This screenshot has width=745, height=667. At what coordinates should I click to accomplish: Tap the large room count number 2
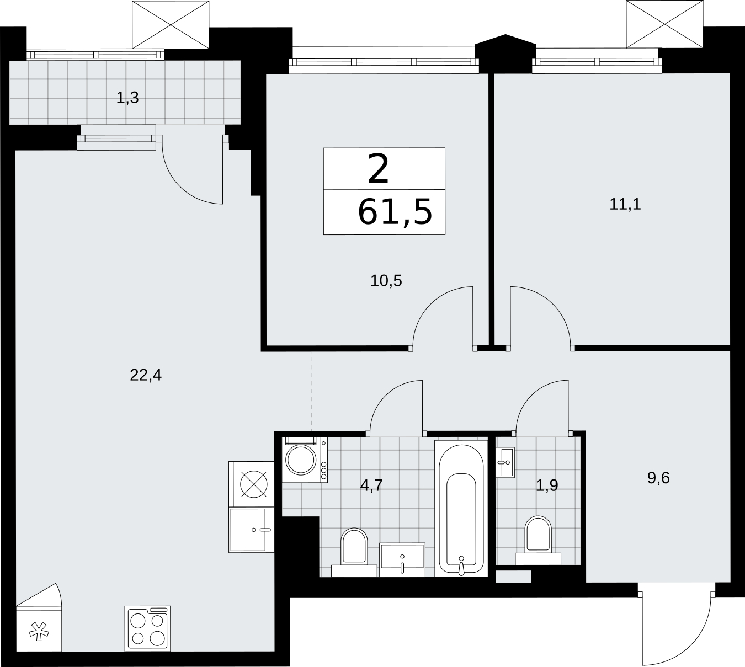379,169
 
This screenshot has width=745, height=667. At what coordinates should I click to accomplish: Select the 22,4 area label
146,375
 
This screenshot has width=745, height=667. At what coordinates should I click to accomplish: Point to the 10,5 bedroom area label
386,281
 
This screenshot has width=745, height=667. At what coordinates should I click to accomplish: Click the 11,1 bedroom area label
625,204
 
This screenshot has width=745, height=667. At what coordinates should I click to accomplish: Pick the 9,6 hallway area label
658,478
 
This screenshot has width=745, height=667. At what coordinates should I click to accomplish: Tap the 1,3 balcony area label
127,98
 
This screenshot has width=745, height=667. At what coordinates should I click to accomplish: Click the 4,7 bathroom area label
371,485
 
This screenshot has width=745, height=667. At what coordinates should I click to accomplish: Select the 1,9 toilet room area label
547,485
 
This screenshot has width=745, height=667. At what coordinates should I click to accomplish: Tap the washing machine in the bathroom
305,460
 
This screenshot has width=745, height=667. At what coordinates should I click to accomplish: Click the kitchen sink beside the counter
247,530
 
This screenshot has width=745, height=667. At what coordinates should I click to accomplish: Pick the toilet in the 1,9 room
538,541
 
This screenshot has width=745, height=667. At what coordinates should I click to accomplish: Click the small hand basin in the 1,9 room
505,462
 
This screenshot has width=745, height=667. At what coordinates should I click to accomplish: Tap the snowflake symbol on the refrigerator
39,632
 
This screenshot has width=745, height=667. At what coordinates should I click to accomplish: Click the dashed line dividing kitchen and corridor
311,391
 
